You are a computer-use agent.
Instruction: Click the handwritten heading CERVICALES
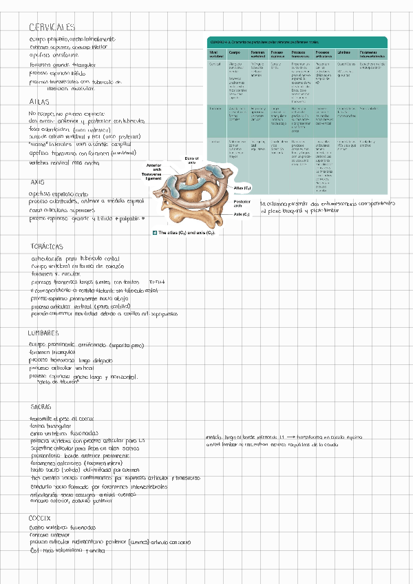(x=52, y=28)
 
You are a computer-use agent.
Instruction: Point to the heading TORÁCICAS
(x=47, y=246)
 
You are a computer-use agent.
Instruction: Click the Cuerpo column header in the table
(x=234, y=52)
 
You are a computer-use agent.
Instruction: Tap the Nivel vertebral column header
(x=215, y=54)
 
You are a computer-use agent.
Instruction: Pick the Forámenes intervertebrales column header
(x=373, y=54)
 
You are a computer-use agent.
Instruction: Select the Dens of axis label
(x=192, y=160)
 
